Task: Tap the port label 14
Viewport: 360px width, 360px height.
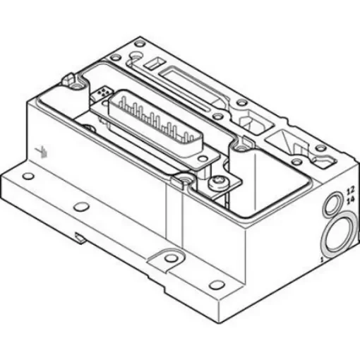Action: click(349, 200)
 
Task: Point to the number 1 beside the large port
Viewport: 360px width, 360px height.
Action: click(320, 260)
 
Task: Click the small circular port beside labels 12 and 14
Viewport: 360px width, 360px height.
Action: click(330, 205)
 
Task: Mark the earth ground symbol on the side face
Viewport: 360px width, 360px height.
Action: click(42, 150)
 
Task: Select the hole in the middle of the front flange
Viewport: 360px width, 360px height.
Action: click(83, 206)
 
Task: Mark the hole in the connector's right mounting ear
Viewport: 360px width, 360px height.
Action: click(242, 149)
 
